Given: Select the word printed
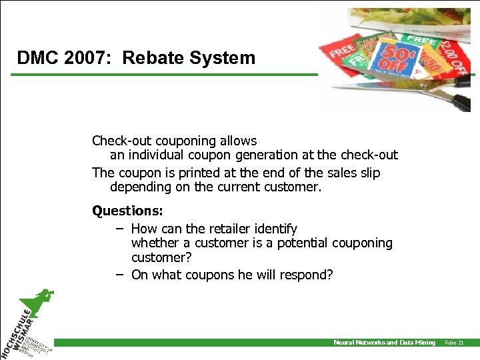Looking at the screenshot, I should tap(193, 173).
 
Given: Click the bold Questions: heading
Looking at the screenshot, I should tap(127, 211).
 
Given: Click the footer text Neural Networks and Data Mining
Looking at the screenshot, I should tap(384, 343).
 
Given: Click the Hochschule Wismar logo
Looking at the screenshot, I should tap(30, 327).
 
